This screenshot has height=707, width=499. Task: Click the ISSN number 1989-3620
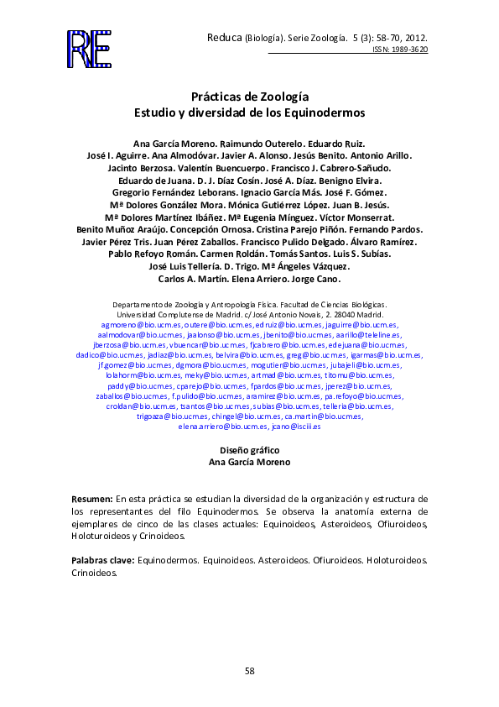click(x=410, y=50)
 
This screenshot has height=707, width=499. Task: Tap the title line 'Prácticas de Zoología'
click(x=249, y=97)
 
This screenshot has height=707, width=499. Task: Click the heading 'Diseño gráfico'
click(x=249, y=450)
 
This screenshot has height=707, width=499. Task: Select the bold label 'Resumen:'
click(x=91, y=498)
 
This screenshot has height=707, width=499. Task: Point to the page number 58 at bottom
click(x=249, y=670)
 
